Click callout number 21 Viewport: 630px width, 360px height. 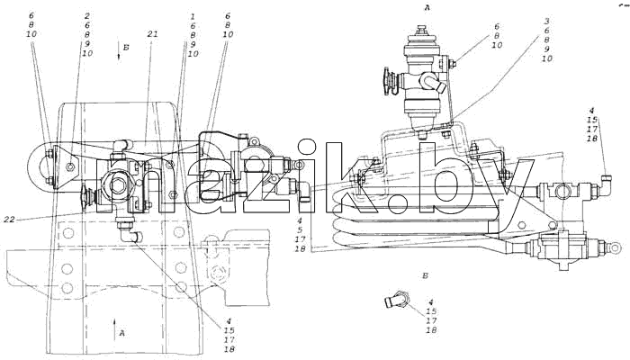pos(153,34)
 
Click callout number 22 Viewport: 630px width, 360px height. pos(10,220)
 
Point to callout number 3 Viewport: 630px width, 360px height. pos(547,22)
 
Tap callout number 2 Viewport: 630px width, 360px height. pos(87,16)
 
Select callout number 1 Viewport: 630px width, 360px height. pos(193,16)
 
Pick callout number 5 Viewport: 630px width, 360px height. pos(300,229)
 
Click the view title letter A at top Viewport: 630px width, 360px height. pos(427,7)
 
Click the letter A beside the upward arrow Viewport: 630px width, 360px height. pos(122,333)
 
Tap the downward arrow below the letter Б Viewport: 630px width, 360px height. pos(119,51)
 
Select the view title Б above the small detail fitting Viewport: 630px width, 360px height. pos(425,276)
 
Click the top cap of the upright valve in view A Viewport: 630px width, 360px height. pos(421,30)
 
